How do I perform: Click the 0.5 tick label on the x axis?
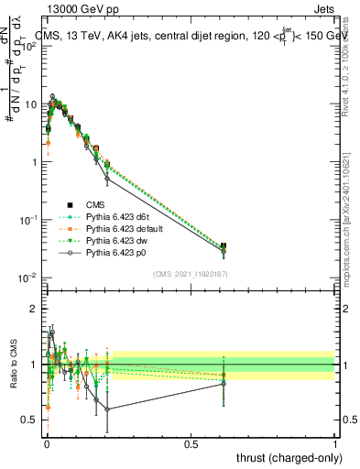click(x=191, y=443)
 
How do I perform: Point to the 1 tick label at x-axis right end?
click(x=335, y=443)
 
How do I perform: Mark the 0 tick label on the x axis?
click(x=46, y=443)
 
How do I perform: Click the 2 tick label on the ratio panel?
click(x=34, y=309)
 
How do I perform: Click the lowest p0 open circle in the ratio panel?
click(x=108, y=409)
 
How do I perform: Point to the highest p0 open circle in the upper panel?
click(x=53, y=96)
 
